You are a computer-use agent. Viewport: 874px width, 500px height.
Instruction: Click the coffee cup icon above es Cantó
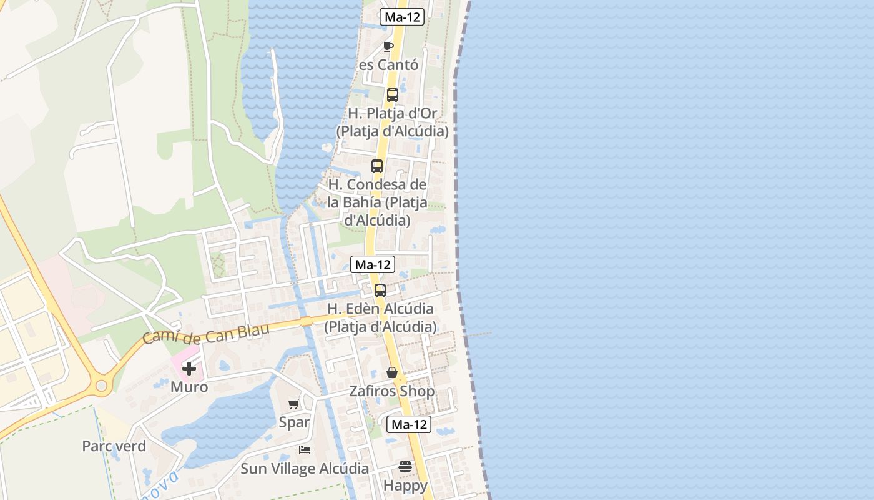click(x=388, y=46)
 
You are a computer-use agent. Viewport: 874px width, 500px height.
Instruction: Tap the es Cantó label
click(x=388, y=65)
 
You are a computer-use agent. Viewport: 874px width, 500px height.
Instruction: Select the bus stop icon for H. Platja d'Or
click(x=392, y=95)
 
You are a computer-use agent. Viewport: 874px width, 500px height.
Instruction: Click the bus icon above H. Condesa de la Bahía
click(x=377, y=166)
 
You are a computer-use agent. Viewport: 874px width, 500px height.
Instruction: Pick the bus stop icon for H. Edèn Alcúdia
click(x=380, y=291)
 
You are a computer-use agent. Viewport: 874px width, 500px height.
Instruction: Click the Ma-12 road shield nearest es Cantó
click(x=402, y=17)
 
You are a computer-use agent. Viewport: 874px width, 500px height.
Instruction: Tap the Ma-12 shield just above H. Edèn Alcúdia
click(x=372, y=264)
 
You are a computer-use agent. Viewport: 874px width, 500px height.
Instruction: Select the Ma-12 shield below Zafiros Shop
click(x=409, y=424)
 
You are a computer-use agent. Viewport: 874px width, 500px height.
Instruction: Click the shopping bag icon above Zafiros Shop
click(x=392, y=372)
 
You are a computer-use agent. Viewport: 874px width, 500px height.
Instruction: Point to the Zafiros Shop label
click(x=391, y=391)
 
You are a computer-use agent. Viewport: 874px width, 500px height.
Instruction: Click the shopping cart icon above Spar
click(x=294, y=404)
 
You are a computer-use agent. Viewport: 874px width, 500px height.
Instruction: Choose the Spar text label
click(x=294, y=422)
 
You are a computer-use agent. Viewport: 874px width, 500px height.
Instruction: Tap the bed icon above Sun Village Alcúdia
click(x=305, y=450)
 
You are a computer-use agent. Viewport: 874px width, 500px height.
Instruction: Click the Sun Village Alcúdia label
click(x=305, y=469)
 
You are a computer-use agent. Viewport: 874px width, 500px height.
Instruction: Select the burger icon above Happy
click(x=405, y=467)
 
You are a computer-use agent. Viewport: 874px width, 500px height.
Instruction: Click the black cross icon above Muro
click(x=189, y=369)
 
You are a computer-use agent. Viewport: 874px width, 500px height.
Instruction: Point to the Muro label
click(x=189, y=387)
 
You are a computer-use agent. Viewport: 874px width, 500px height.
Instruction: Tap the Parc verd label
click(x=114, y=446)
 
